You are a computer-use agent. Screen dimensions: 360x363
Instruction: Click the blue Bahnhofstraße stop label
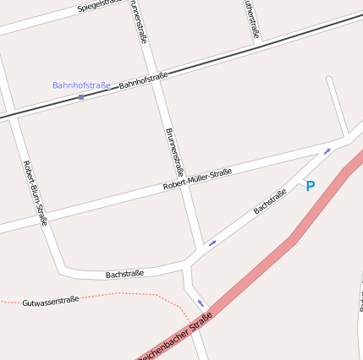81,85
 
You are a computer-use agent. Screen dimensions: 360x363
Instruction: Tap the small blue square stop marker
81,97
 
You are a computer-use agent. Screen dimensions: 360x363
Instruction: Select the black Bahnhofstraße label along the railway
143,80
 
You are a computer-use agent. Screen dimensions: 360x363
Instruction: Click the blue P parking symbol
310,186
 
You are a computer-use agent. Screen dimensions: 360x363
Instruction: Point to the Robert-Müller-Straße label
197,180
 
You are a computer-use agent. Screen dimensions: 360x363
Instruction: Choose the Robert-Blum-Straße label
35,193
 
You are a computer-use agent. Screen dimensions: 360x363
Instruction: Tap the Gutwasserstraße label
51,300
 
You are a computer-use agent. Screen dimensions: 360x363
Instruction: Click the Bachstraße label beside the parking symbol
270,201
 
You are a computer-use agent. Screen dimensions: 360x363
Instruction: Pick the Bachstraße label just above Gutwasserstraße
124,274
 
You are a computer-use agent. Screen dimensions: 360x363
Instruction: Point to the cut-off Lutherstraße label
251,19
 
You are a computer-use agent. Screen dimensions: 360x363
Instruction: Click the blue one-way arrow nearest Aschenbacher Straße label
201,303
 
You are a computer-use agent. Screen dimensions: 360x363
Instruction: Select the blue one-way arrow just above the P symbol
327,151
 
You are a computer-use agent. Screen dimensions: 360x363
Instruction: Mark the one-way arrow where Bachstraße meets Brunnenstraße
212,243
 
